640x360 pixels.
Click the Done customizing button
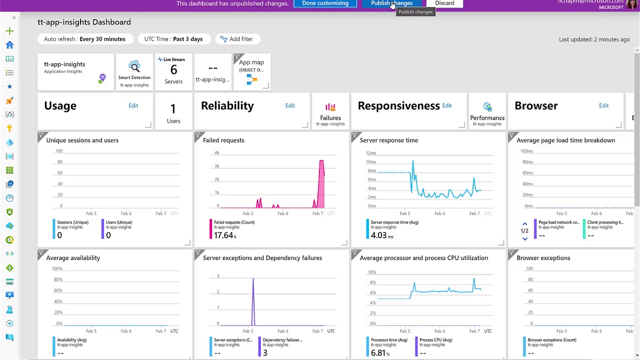[325, 3]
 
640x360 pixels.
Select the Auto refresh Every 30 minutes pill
[84, 39]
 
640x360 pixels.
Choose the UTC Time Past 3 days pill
[173, 39]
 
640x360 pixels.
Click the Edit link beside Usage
[133, 105]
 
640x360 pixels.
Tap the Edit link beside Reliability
[290, 105]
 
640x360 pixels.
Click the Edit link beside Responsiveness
[446, 105]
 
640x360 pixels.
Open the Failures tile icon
[330, 108]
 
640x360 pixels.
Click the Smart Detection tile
[134, 71]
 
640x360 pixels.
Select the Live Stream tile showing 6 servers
[173, 71]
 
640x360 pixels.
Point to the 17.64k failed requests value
[224, 235]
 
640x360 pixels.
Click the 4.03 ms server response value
[382, 235]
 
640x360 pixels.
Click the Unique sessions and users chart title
[82, 140]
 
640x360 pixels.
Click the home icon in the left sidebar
[9, 45]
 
